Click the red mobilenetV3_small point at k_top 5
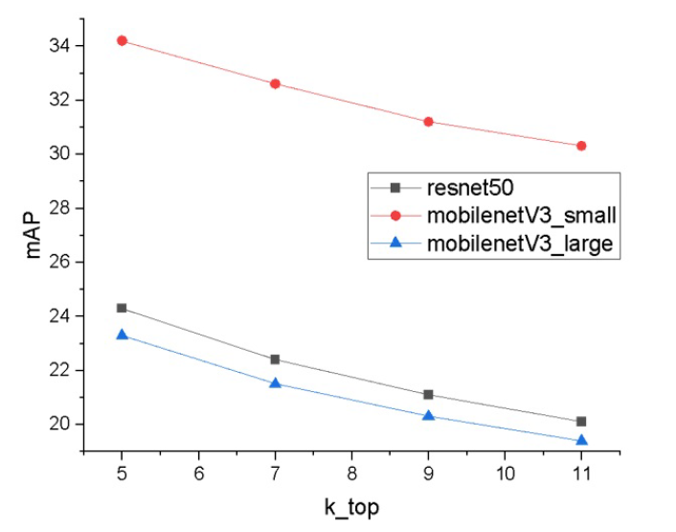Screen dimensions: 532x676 tap(122, 40)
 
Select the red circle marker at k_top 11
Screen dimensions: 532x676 tap(581, 146)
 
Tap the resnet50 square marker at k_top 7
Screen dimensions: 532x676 tap(275, 359)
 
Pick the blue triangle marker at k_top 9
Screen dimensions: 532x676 tap(428, 416)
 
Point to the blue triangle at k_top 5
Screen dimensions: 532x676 tap(122, 335)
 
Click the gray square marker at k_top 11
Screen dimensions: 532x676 tap(581, 421)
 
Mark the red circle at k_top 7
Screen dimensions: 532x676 tap(275, 83)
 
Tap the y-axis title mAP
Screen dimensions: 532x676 tap(35, 234)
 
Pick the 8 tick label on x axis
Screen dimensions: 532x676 tap(351, 474)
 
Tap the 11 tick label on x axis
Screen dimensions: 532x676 tap(581, 474)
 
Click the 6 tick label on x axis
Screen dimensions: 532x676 tap(198, 474)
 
